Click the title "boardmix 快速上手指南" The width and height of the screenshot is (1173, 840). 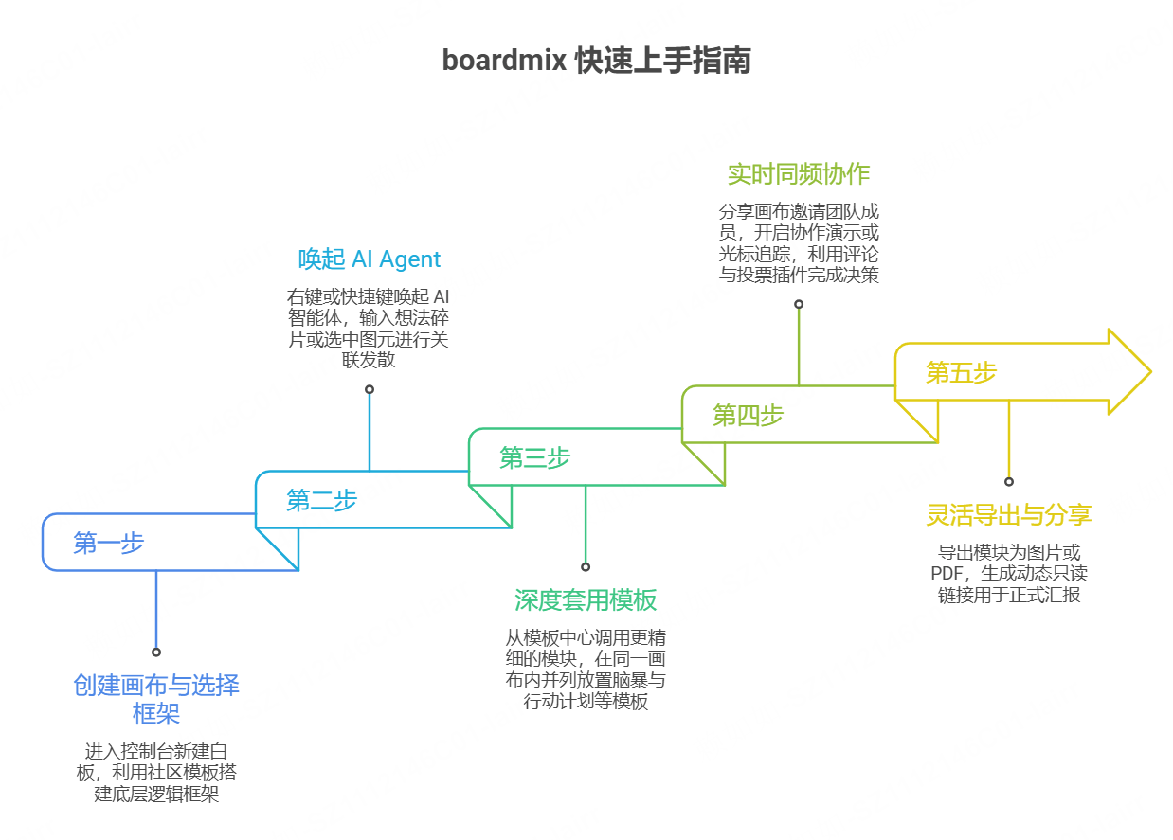click(596, 61)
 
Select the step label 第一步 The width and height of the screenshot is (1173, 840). click(108, 543)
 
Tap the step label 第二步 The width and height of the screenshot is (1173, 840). click(321, 500)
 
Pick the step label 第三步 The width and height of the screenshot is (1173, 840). click(534, 458)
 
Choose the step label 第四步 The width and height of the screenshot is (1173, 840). click(748, 415)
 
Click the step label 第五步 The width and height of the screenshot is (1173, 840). click(961, 372)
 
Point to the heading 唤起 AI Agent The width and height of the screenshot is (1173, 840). click(369, 259)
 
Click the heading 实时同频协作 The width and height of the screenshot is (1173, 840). click(798, 174)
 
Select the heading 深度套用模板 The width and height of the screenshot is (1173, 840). click(586, 600)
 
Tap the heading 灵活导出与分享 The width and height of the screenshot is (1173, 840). click(1008, 515)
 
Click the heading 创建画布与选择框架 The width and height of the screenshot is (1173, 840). click(156, 699)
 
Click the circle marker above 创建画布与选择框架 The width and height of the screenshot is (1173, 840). click(156, 652)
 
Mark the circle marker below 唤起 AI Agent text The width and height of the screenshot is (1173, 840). click(369, 389)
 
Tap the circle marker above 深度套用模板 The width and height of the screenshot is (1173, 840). click(586, 566)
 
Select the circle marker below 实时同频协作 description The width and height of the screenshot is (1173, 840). click(798, 304)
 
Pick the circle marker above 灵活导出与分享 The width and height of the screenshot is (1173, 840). click(1008, 481)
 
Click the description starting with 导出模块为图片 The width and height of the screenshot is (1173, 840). click(1008, 573)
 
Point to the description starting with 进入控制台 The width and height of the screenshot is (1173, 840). click(156, 773)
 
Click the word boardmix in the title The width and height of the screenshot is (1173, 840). click(505, 61)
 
